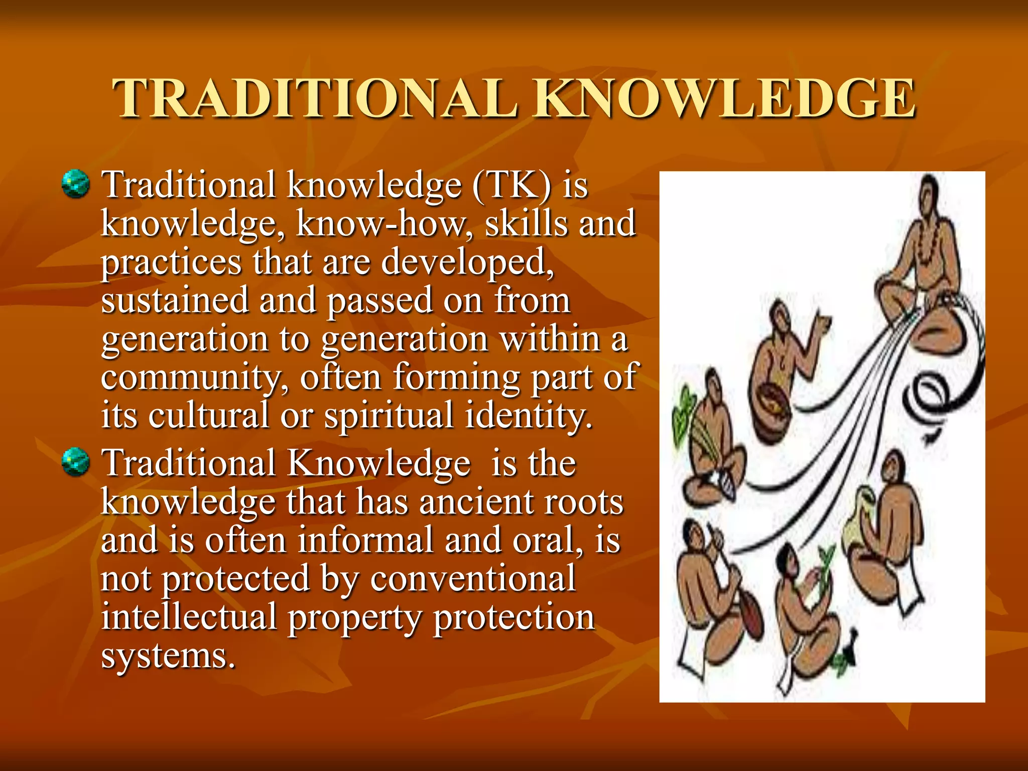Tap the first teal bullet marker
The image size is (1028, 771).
[76, 184]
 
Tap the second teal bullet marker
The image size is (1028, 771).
[76, 462]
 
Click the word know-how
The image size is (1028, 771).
[381, 224]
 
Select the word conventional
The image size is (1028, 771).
[473, 579]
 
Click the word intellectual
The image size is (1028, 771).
[189, 617]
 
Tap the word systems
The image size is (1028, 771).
[168, 656]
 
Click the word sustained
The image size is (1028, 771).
[175, 300]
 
